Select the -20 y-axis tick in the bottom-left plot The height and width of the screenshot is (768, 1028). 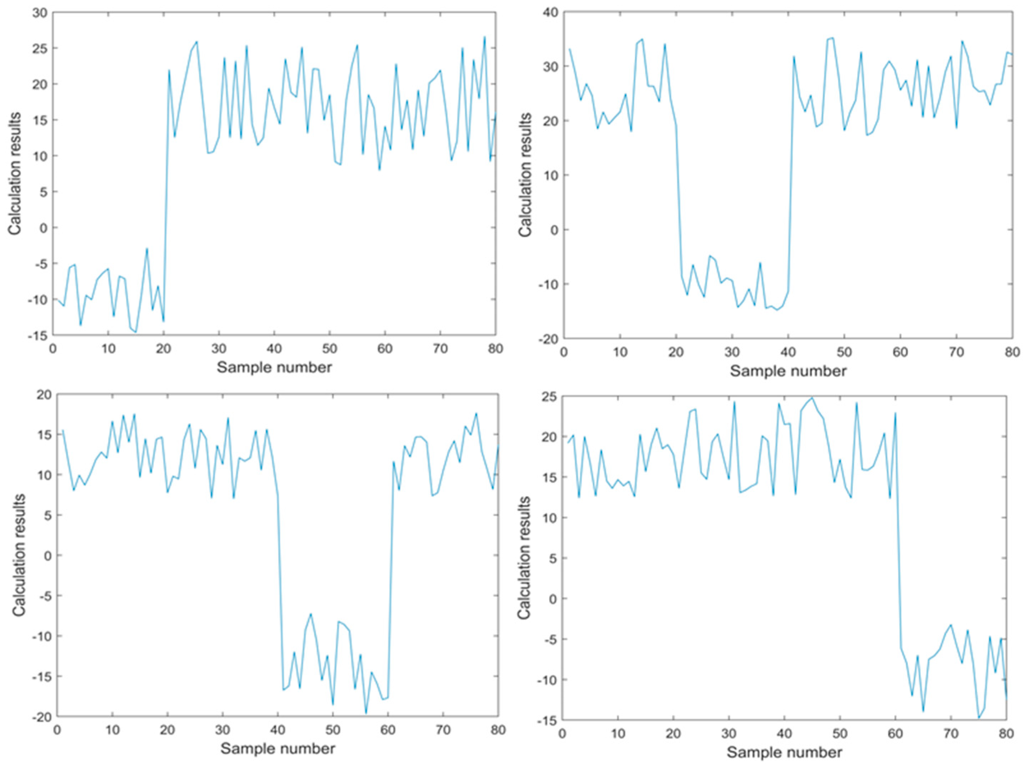(41, 717)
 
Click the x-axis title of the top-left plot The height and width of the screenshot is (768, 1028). (274, 368)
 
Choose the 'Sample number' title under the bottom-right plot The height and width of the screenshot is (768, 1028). (784, 752)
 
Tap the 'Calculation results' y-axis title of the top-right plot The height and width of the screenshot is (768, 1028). (525, 174)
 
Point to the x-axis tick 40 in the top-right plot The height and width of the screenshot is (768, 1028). (788, 352)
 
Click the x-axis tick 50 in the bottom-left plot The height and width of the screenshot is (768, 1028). (333, 730)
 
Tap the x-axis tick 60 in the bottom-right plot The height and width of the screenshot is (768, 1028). (895, 734)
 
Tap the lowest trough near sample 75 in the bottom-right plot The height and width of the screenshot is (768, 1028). (978, 718)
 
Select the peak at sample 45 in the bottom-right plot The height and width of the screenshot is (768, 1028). (812, 398)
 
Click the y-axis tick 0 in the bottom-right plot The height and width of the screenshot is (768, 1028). (552, 598)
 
